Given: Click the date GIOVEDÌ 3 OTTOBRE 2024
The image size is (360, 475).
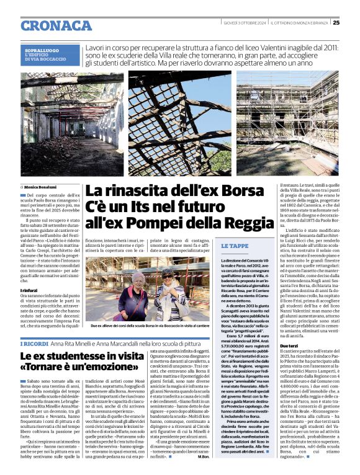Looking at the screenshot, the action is pyautogui.click(x=247, y=23).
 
